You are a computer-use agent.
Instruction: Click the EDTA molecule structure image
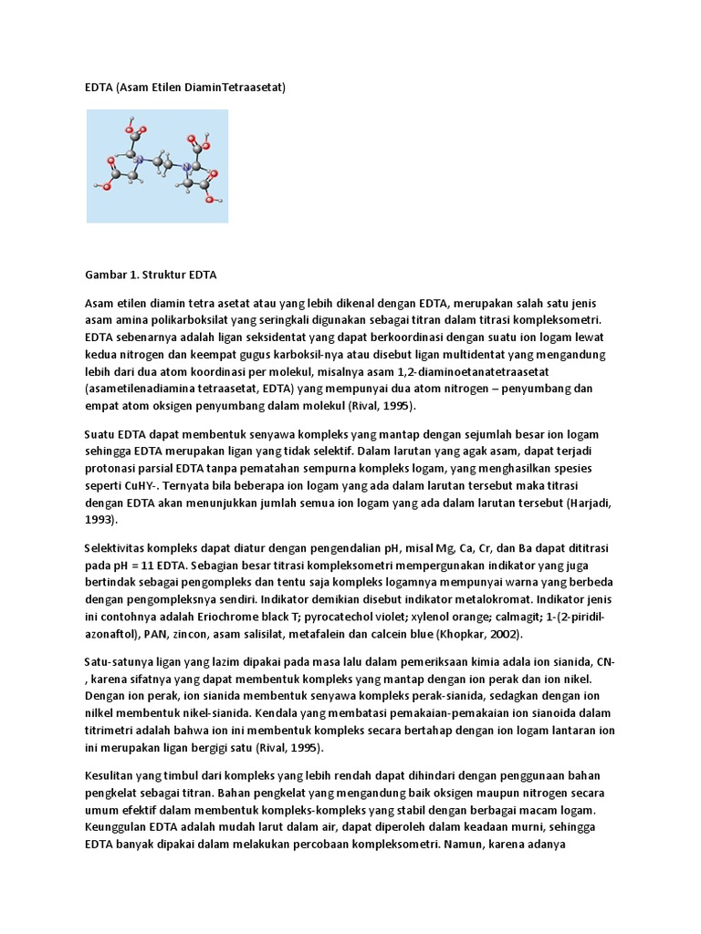157,166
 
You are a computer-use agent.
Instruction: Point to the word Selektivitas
120,548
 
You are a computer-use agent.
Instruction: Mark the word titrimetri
113,731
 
